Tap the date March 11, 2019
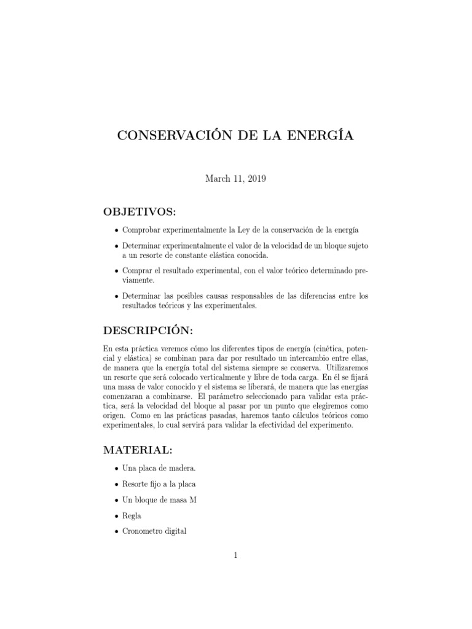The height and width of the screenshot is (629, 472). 235,179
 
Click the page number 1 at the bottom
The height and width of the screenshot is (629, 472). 236,556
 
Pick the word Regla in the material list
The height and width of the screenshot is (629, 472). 133,516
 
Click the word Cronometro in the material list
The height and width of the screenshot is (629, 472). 145,532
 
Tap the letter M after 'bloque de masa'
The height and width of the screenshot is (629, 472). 193,500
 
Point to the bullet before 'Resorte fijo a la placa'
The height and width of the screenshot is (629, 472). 116,485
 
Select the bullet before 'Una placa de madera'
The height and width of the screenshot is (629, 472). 116,469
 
